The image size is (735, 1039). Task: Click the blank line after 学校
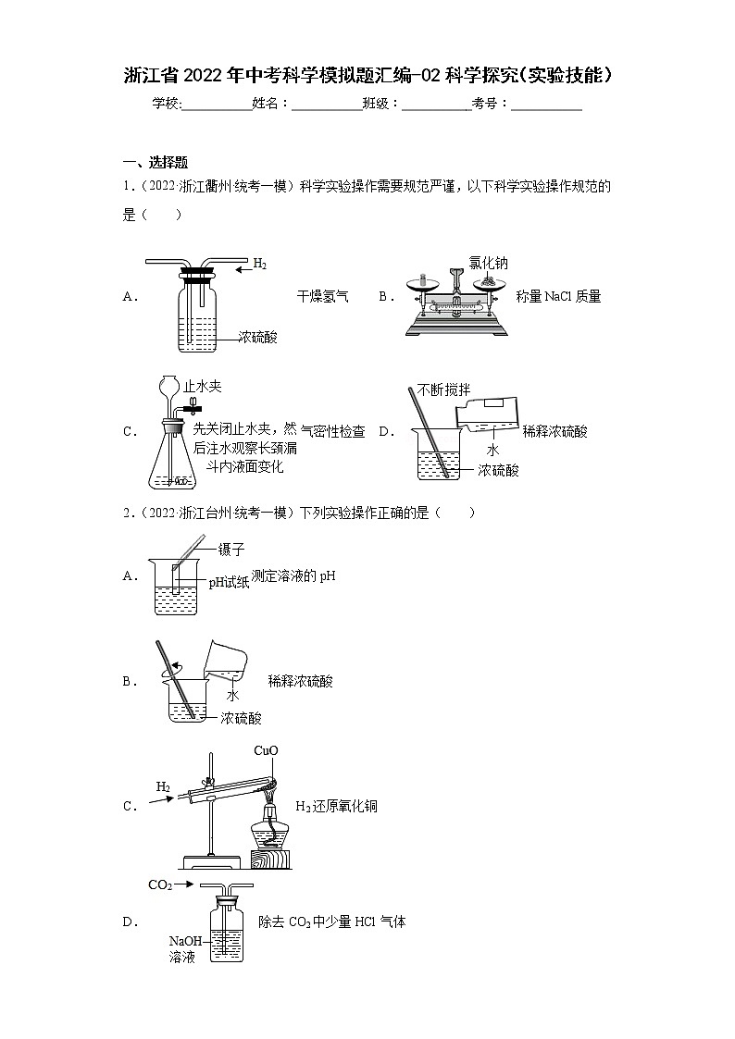[217, 105]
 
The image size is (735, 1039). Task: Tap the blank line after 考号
[546, 105]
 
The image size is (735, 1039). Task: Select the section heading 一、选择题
[156, 161]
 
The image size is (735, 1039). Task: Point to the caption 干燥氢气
[322, 297]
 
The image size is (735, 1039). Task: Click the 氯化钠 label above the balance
[488, 264]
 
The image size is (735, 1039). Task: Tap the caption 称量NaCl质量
[558, 297]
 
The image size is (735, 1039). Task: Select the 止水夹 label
[203, 387]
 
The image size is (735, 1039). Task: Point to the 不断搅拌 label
[443, 390]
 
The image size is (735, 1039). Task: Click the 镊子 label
[230, 550]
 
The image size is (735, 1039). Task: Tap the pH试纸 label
[229, 582]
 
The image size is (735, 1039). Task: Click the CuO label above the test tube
[266, 750]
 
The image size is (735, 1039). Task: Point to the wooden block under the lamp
[270, 860]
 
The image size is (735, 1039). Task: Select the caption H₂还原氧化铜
[336, 807]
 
